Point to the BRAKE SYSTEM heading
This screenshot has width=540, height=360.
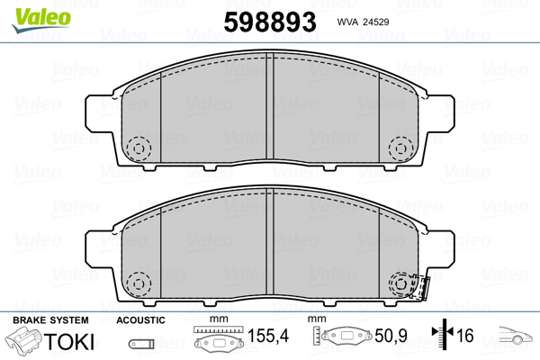tap(50, 319)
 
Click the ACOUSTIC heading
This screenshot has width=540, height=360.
tap(141, 319)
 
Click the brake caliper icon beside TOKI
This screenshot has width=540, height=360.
tap(23, 342)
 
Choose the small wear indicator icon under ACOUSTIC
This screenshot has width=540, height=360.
tap(139, 343)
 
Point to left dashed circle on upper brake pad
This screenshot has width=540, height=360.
tap(139, 147)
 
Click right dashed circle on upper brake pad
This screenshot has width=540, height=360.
tap(399, 147)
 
